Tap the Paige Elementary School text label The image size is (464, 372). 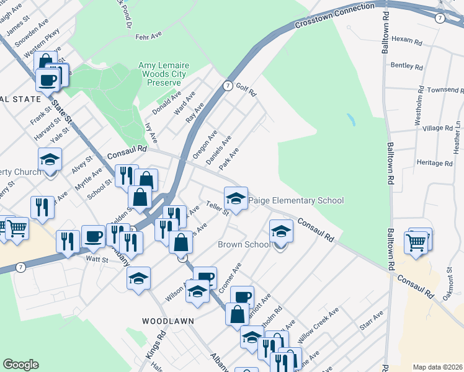(x=295, y=201)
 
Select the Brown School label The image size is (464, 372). (x=244, y=244)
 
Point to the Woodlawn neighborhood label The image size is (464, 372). (x=167, y=321)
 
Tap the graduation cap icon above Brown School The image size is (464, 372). (x=281, y=232)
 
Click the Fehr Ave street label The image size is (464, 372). (x=148, y=37)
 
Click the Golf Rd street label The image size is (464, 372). (x=246, y=90)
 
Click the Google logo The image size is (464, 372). (x=20, y=365)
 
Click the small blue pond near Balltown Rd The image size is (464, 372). (x=351, y=119)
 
